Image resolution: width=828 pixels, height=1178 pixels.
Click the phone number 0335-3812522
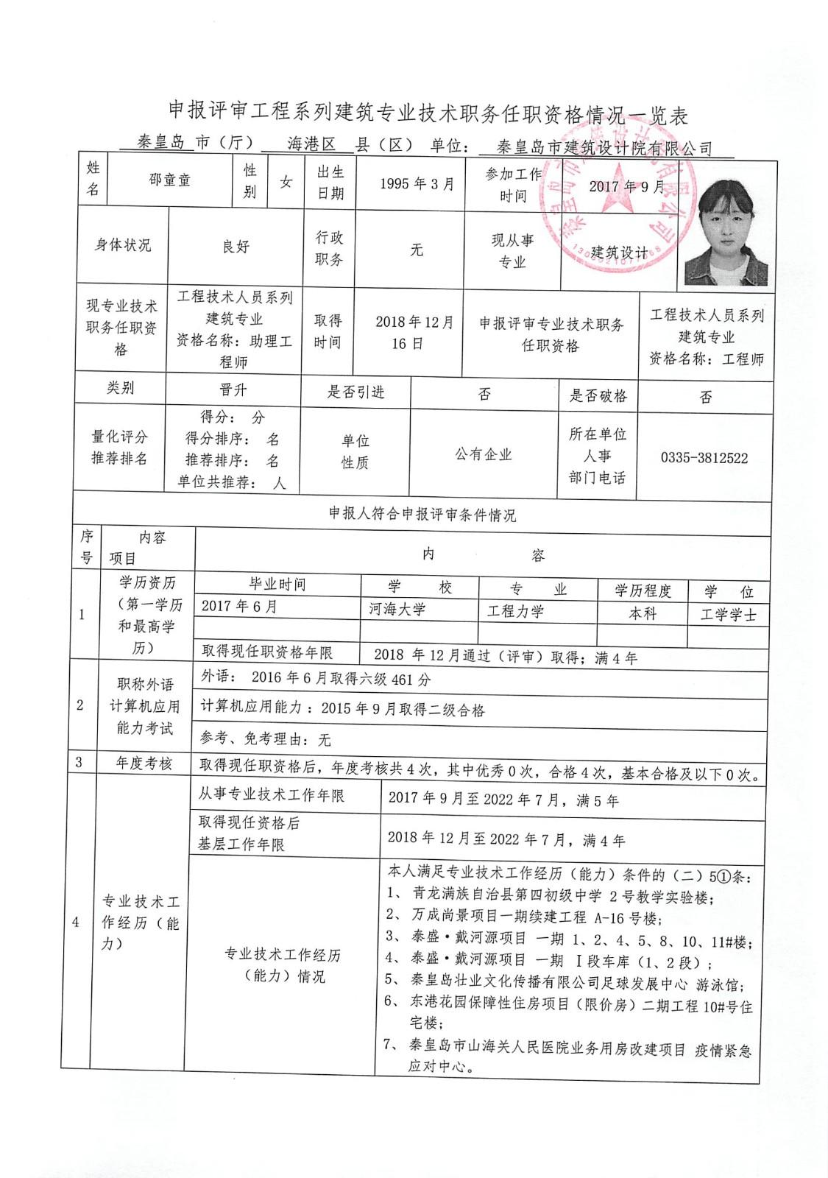coord(704,458)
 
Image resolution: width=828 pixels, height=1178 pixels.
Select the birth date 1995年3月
coord(417,184)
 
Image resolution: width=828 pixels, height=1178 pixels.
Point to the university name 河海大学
coord(397,609)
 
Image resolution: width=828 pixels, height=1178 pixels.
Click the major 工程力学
coord(516,611)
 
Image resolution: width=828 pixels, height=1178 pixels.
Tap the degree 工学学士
coord(729,615)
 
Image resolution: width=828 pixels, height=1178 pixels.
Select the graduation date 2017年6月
coord(239,607)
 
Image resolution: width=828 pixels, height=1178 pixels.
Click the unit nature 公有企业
coord(483,454)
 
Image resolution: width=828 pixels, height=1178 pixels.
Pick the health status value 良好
coord(236,247)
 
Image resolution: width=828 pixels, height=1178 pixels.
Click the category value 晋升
coord(233,389)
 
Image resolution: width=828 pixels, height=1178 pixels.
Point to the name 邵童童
coord(170,180)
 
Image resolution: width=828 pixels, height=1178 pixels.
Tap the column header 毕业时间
coord(277,585)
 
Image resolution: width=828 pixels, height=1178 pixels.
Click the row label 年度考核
coord(144,763)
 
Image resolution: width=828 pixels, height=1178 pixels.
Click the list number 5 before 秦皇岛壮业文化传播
coord(390,979)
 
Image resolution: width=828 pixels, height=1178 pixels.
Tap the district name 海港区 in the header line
coord(311,144)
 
